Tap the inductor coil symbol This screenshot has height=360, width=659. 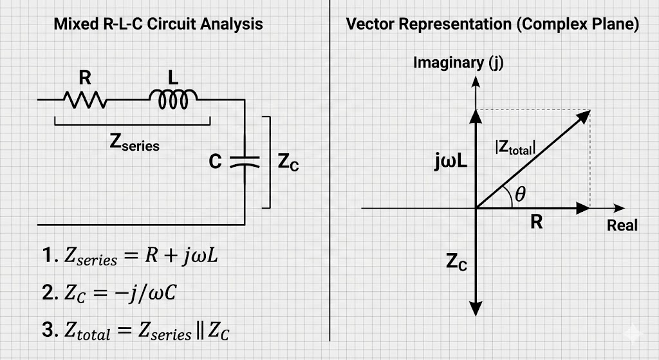click(x=173, y=99)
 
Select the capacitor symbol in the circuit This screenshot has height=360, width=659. click(x=244, y=161)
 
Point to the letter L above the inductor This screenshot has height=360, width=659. click(x=172, y=78)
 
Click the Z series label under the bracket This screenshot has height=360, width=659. click(x=135, y=144)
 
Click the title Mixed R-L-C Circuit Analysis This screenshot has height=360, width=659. click(x=158, y=24)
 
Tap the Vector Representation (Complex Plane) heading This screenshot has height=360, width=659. click(x=492, y=24)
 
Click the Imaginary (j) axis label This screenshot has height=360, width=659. click(x=458, y=62)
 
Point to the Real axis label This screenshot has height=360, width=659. click(x=622, y=225)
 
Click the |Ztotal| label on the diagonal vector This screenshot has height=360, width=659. click(x=514, y=147)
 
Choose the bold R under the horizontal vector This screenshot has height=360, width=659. click(x=536, y=223)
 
